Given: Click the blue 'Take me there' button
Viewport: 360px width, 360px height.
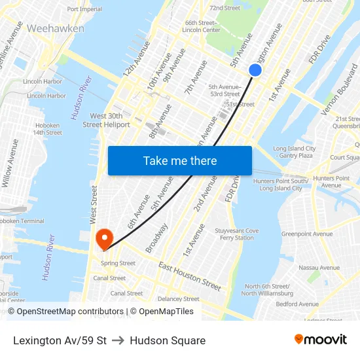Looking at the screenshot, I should [x=180, y=160].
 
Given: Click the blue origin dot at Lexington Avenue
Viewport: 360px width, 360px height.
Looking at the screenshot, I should [x=255, y=70].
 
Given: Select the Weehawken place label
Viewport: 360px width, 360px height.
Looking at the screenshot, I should [x=56, y=29].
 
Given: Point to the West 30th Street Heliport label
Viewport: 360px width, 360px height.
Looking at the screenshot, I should [x=106, y=120].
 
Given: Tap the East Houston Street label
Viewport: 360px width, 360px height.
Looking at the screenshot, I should [x=189, y=276].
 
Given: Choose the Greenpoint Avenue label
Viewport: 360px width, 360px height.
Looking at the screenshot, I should [x=307, y=234].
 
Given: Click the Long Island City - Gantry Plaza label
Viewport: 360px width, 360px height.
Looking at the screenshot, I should [x=294, y=152].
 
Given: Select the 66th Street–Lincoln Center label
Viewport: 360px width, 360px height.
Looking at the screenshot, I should [x=202, y=26].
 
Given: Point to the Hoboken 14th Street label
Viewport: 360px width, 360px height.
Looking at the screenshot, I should [x=47, y=128].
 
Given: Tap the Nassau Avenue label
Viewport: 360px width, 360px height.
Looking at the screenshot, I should [x=319, y=267].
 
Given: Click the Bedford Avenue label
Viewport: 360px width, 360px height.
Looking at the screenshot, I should [x=297, y=304].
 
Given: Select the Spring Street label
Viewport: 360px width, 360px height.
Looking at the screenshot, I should [x=118, y=263].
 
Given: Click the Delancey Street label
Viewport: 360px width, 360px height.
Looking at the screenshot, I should [x=178, y=299].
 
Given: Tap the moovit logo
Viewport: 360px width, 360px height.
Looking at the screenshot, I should [x=321, y=339].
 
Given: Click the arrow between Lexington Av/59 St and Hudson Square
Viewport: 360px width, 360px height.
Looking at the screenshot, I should [x=118, y=340].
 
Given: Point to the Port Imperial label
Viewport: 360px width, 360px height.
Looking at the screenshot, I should [x=84, y=9].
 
